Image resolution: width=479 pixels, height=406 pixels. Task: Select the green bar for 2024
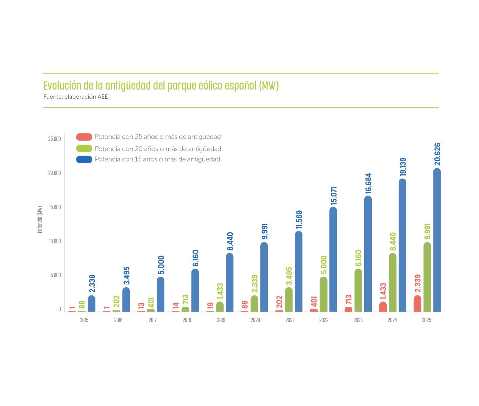[393, 282]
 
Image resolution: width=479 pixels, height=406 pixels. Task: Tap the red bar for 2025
[417, 304]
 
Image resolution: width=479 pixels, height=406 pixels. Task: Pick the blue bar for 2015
[92, 304]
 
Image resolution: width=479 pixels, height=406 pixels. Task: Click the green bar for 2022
[324, 294]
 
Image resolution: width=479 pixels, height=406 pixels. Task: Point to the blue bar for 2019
[230, 282]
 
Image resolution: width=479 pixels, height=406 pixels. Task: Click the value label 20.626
[437, 154]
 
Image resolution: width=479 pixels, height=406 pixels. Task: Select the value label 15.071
[334, 196]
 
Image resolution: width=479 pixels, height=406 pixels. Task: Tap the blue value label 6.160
[195, 258]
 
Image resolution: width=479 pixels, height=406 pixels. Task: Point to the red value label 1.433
[383, 291]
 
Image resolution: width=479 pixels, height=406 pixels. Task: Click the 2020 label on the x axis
[255, 320]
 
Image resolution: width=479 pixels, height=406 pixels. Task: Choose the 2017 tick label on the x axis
[152, 320]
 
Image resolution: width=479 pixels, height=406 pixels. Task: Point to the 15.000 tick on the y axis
[55, 207]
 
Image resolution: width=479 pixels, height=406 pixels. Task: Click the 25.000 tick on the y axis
[55, 139]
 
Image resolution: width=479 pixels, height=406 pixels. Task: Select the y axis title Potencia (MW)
[40, 219]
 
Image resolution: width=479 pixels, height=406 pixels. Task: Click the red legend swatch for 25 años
[84, 137]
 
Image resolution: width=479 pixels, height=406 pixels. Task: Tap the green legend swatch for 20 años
[84, 149]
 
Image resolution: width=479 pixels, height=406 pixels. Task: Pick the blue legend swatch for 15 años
[84, 159]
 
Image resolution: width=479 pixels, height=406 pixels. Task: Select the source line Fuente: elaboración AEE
[75, 97]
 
